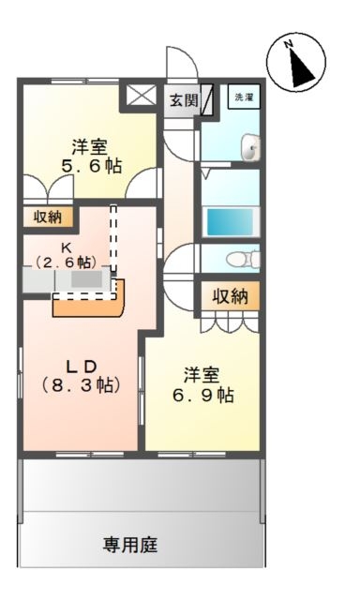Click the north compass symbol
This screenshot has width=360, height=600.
(296, 63)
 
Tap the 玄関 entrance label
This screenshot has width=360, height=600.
(184, 98)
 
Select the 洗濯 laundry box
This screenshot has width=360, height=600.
(243, 97)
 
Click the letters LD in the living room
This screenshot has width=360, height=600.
(80, 363)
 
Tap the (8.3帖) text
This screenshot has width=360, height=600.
(80, 384)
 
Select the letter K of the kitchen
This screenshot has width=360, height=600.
(67, 247)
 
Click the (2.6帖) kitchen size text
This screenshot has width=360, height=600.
(66, 262)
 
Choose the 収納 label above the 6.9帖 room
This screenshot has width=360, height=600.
(229, 296)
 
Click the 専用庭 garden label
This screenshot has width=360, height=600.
(128, 543)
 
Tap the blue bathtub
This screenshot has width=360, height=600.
(230, 222)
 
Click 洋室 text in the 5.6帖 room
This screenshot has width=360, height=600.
(92, 147)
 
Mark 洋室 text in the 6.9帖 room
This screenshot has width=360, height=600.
(201, 375)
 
